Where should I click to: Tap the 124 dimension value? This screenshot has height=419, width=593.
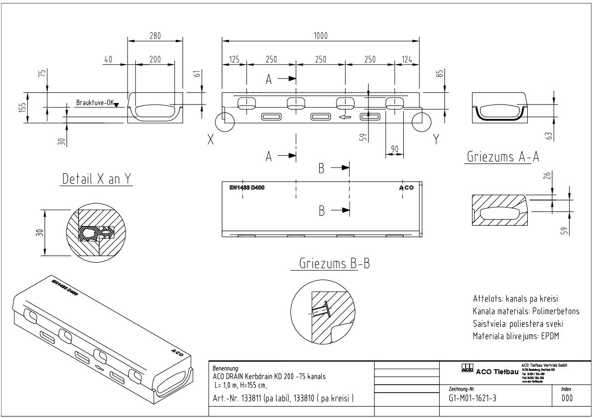(407, 59)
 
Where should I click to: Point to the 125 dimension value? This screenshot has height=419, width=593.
(234, 59)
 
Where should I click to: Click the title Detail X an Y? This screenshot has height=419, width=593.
(97, 179)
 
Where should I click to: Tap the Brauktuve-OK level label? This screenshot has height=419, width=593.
(94, 103)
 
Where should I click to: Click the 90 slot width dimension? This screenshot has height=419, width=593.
(394, 148)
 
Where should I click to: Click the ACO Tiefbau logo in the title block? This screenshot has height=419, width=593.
(490, 370)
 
